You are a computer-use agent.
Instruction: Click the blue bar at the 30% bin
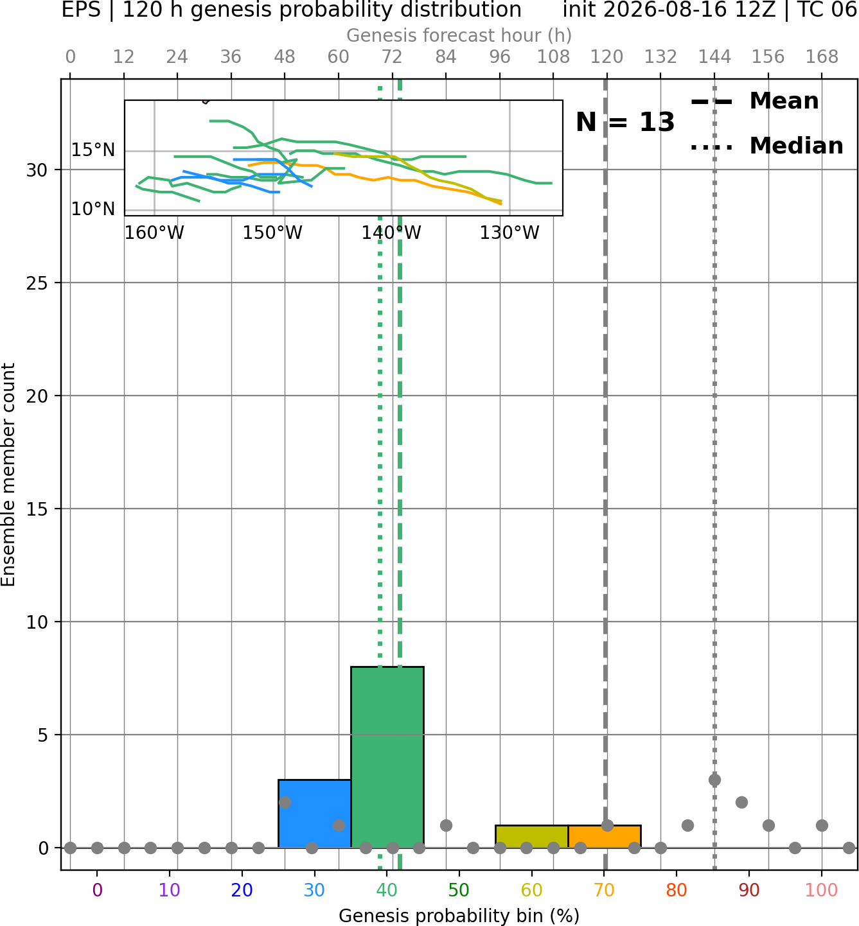point(314,814)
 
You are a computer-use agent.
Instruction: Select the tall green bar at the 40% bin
point(387,757)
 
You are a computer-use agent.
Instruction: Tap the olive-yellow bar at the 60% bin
point(532,837)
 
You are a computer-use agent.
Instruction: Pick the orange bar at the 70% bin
point(604,837)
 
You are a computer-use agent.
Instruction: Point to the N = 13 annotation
point(625,122)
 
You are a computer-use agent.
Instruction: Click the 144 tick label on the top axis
point(714,57)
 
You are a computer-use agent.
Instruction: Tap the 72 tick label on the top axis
point(392,57)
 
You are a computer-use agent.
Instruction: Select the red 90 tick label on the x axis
point(749,890)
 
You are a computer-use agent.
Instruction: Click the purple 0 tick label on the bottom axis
point(97,890)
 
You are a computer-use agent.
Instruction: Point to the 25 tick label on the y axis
point(37,283)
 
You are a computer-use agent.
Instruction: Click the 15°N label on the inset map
point(93,150)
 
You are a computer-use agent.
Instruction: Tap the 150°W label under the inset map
point(272,232)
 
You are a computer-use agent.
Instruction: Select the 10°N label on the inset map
point(93,209)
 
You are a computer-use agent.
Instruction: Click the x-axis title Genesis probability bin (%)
point(459,916)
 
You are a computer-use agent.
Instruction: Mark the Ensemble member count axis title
point(8,475)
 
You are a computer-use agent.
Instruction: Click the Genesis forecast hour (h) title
point(459,35)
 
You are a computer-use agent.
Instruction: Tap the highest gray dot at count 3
point(714,780)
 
